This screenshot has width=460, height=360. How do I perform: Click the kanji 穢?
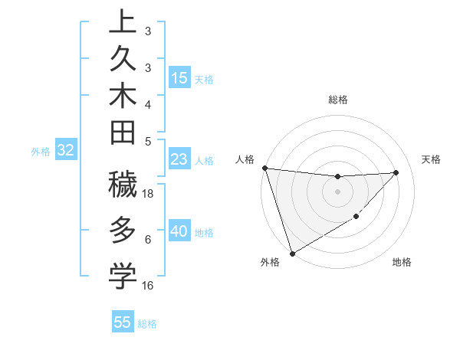click(x=123, y=185)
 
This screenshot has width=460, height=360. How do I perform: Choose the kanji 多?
click(x=123, y=230)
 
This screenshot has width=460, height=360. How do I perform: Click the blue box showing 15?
click(x=179, y=78)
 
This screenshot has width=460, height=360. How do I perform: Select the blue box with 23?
click(x=179, y=160)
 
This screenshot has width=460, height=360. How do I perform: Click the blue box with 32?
click(x=65, y=151)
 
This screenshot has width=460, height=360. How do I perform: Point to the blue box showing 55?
click(x=123, y=322)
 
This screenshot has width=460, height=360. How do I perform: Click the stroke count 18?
click(x=149, y=194)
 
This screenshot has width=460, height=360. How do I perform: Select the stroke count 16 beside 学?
click(x=148, y=286)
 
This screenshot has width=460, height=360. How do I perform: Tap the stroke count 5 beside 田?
click(x=148, y=141)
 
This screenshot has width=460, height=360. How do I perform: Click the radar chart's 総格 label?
click(x=337, y=100)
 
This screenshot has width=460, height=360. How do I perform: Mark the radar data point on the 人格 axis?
click(x=264, y=168)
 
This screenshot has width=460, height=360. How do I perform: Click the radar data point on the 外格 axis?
click(x=292, y=253)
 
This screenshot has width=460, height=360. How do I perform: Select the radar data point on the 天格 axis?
click(x=396, y=172)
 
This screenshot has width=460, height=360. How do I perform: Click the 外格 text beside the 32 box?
click(x=41, y=152)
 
